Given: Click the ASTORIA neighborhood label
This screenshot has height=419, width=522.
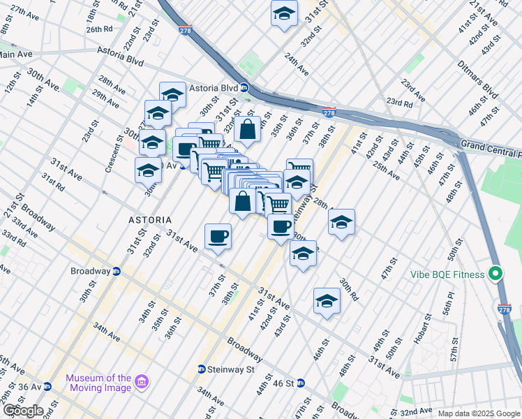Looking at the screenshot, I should (x=149, y=219).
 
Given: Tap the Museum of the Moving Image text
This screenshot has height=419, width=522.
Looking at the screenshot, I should (x=98, y=383).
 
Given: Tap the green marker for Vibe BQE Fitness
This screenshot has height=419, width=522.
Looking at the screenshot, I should (x=496, y=274).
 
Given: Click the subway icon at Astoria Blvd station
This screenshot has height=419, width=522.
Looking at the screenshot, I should (x=244, y=88).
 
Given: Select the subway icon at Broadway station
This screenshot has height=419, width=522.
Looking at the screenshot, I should (x=117, y=271).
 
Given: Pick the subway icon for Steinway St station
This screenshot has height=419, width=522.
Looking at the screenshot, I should (x=201, y=369).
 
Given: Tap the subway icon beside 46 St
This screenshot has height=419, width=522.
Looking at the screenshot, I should (x=300, y=383).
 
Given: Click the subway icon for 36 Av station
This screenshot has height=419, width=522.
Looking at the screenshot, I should (x=47, y=386).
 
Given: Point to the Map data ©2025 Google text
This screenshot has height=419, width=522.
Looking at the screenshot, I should (x=479, y=413).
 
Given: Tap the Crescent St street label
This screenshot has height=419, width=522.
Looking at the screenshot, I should (x=110, y=159).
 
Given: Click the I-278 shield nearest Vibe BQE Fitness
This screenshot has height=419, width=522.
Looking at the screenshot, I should (x=505, y=307).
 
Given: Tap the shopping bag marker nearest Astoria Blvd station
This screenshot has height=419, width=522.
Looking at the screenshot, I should (x=247, y=129).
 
